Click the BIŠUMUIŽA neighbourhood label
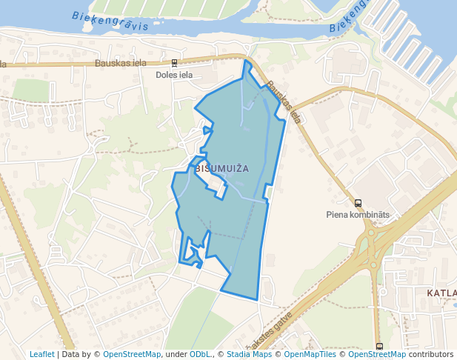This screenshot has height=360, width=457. tap(222, 169)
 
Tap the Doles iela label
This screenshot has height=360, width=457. tap(175, 75)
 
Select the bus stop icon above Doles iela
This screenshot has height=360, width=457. tap(174, 64)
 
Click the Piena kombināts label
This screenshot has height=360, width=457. tap(358, 215)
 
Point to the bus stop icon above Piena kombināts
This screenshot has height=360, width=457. tap(358, 203)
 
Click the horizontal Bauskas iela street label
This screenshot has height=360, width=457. tap(121, 63)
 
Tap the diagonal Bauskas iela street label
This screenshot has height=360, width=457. tap(284, 101)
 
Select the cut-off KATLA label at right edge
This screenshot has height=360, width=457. tap(441, 293)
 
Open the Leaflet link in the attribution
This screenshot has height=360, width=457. tap(41, 354)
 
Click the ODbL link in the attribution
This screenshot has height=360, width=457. tap(201, 354)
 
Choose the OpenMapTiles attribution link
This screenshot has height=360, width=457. tap(310, 354)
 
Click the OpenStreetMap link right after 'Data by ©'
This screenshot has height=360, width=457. tap(132, 354)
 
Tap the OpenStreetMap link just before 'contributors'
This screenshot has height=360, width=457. tap(377, 354)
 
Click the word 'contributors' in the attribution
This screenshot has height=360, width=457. tap(431, 354)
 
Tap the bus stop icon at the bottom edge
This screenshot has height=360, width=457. tap(379, 346)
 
